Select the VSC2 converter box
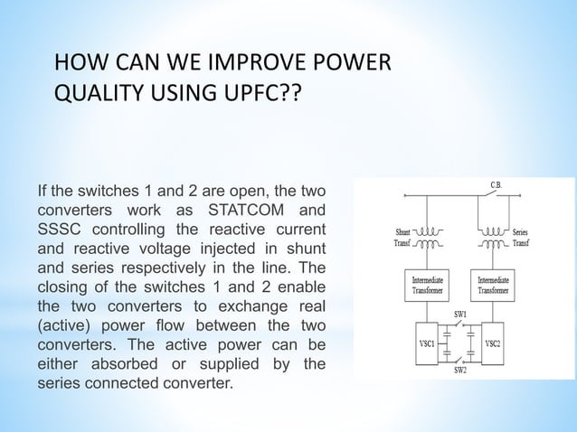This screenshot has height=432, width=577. click(493, 344)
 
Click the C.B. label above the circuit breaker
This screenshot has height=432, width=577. click(497, 185)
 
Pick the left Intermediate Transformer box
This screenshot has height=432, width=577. click(424, 286)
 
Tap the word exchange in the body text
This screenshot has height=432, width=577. click(249, 306)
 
